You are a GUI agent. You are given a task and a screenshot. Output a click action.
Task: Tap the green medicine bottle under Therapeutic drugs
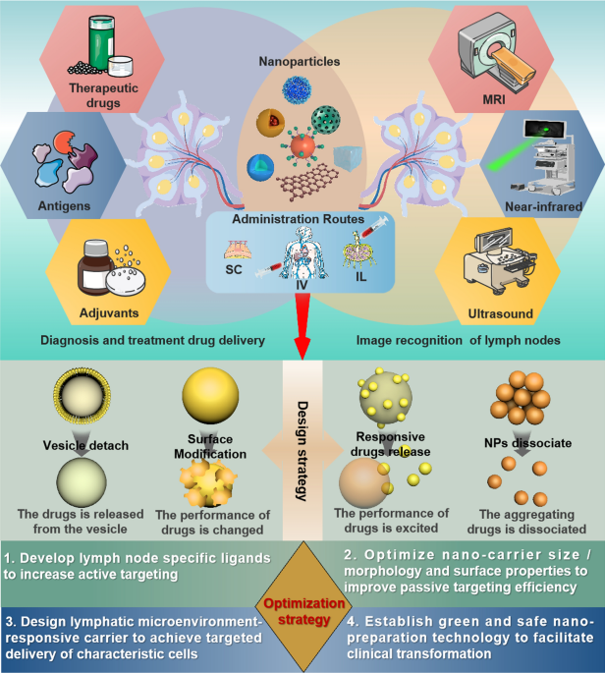(x=102, y=42)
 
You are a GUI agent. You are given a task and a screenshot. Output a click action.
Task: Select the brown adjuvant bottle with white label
(x=95, y=267)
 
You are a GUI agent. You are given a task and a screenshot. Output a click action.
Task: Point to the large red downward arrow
(x=302, y=326)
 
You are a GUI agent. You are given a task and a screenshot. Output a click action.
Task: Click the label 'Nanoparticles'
(x=300, y=61)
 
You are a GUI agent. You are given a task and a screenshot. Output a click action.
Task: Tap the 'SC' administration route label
(x=234, y=269)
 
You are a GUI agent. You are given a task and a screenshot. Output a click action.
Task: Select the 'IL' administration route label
(x=360, y=277)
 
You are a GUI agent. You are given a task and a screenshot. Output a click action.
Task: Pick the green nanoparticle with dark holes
(x=326, y=120)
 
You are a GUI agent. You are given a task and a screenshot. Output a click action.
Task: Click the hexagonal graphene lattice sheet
(x=307, y=181)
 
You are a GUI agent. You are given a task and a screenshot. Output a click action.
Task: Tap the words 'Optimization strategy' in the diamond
(x=303, y=611)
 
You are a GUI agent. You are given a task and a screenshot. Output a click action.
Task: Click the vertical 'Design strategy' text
(x=302, y=451)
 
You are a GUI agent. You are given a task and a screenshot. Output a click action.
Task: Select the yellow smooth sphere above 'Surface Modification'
(x=210, y=395)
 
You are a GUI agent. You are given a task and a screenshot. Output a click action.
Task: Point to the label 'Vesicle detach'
(x=85, y=445)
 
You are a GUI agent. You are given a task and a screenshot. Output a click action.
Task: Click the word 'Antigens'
(x=64, y=206)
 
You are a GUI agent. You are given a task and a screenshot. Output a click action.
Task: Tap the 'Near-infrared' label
(x=543, y=206)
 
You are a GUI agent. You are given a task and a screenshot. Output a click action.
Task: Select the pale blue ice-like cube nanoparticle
(x=348, y=158)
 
